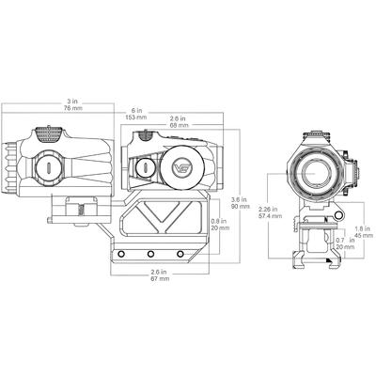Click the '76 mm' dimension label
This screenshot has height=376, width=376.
71,108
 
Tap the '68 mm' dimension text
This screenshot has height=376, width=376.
177,125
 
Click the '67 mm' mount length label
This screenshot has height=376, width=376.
158,279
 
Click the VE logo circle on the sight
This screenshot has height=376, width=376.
181,169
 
